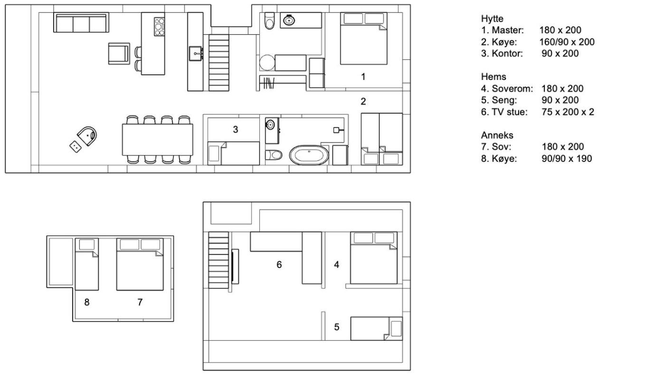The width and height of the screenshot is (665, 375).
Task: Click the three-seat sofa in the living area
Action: point(81,22)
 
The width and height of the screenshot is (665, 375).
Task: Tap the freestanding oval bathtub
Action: point(309,155)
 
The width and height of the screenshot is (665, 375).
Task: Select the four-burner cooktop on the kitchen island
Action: point(159,27)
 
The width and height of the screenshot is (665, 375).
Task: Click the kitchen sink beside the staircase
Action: point(196,53)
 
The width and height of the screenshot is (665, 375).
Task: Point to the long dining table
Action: point(157,139)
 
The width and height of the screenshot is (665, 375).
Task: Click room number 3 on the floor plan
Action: point(236,129)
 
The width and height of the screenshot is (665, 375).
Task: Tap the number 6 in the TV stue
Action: point(279,265)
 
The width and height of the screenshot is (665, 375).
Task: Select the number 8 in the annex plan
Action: point(86,302)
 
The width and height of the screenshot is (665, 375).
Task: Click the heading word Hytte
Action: point(492,19)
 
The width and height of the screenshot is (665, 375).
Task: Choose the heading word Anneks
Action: point(497,135)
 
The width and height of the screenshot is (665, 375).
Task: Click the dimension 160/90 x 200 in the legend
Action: point(567,42)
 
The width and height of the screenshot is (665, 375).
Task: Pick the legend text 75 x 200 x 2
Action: point(568,112)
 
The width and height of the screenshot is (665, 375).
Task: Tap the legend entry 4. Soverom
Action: point(507,89)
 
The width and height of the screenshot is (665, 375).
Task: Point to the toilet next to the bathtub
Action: point(274,155)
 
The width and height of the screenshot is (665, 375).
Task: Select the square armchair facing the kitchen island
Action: point(119,53)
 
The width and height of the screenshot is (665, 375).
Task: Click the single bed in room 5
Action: point(376,328)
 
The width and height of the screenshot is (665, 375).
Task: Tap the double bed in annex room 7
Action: point(140,264)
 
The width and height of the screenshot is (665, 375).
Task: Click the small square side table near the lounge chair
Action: point(76,146)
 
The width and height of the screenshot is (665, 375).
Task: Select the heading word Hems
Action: point(494,77)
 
